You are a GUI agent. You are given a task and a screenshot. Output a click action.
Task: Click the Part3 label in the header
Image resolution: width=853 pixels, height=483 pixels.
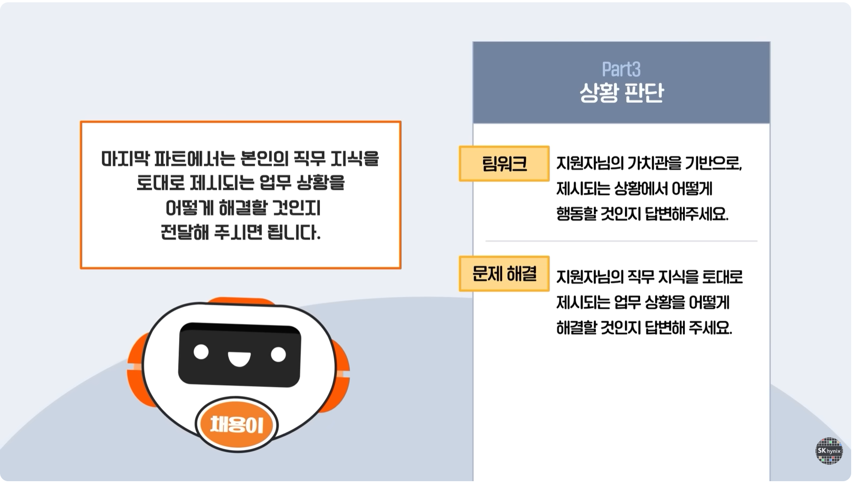pyautogui.click(x=621, y=69)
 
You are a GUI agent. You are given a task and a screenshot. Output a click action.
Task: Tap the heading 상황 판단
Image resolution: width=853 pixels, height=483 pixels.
pyautogui.click(x=621, y=93)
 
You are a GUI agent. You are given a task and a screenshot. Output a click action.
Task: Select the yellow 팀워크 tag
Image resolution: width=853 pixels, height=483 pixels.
pyautogui.click(x=504, y=164)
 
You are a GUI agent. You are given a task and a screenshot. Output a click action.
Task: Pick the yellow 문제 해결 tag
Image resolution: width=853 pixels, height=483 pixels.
pyautogui.click(x=504, y=274)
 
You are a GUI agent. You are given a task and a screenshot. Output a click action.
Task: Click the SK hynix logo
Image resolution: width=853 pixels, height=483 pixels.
pyautogui.click(x=829, y=451)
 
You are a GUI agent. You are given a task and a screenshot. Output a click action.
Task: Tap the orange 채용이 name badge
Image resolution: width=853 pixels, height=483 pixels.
pyautogui.click(x=237, y=425)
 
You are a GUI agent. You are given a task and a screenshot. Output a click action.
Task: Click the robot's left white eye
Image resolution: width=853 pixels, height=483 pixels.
pyautogui.click(x=201, y=352)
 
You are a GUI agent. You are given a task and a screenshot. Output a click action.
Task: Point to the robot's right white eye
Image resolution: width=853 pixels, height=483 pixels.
pyautogui.click(x=278, y=354)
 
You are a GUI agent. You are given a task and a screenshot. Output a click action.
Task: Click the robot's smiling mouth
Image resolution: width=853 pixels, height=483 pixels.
pyautogui.click(x=239, y=359)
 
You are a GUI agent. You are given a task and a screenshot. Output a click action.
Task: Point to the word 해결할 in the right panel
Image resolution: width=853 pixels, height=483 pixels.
pyautogui.click(x=576, y=328)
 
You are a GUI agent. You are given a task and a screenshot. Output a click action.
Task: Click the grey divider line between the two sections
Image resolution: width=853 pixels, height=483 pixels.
pyautogui.click(x=621, y=241)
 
